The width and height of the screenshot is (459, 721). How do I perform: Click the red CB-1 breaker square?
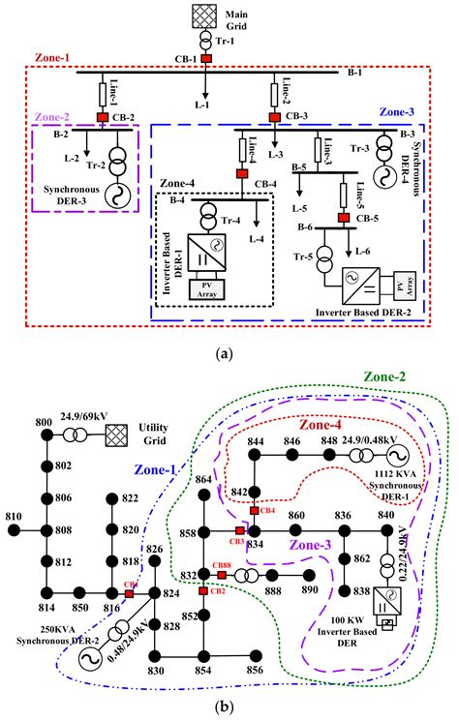pos(205,59)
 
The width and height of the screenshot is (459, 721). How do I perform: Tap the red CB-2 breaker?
pos(101,119)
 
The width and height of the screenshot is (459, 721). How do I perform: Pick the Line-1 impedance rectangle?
pos(101,95)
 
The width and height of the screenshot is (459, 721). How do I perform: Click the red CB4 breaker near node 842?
pos(254,509)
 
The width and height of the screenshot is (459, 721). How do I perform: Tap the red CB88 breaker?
pos(221,575)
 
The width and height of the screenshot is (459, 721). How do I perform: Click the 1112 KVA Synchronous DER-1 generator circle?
pos(395,455)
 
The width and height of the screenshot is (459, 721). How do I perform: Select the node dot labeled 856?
pos(255,669)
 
